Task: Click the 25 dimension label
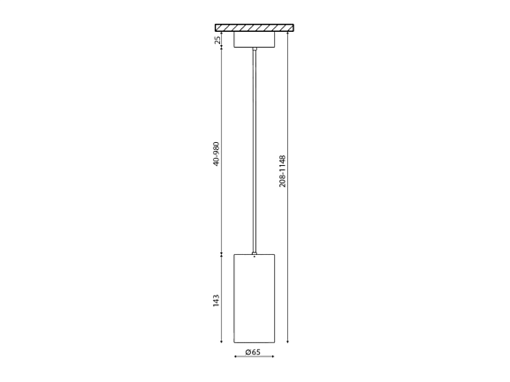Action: (217, 40)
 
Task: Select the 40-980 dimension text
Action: (217, 154)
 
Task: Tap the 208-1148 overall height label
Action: (282, 171)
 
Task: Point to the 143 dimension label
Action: (217, 301)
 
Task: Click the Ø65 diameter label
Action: (253, 352)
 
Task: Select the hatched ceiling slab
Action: (255, 27)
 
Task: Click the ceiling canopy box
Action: (255, 40)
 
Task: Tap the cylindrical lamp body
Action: (255, 298)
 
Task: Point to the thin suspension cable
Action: (255, 151)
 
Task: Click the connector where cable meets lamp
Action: (255, 253)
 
